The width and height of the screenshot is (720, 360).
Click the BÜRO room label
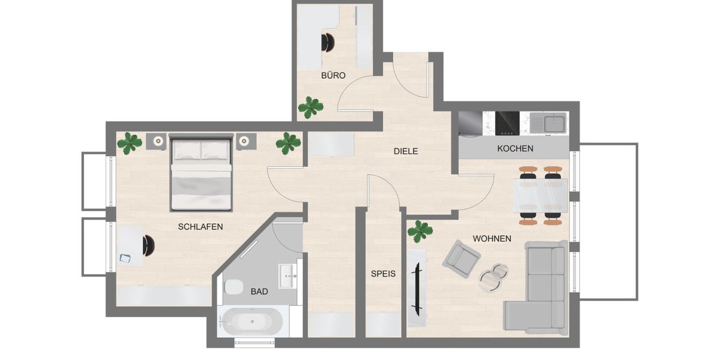pos(333,76)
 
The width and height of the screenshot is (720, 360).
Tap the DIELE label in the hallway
pos(406,151)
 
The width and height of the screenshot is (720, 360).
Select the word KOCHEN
pos(515,148)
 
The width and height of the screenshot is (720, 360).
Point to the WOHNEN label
pos(492,239)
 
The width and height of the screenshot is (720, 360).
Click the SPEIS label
pos(383,274)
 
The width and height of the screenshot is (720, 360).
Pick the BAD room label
pos(259,292)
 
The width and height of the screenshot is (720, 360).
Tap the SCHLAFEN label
pos(200,227)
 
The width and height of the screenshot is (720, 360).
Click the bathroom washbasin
pos(289,276)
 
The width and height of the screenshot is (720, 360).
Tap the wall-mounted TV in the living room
pos(416,288)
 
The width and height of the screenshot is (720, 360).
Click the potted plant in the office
pos(311,107)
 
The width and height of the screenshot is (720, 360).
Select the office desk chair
pos(328,43)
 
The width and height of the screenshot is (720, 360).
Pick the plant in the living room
pos(420,230)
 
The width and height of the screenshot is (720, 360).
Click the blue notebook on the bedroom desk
pos(125,258)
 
